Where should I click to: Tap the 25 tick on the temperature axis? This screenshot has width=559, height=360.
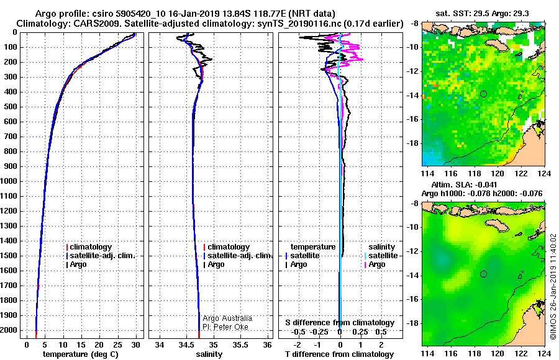pyautogui.click(x=117, y=344)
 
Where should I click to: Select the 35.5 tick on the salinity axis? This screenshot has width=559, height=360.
pyautogui.click(x=240, y=344)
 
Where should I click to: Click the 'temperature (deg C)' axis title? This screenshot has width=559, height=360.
pyautogui.click(x=81, y=354)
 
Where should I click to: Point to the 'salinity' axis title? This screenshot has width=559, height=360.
pyautogui.click(x=209, y=354)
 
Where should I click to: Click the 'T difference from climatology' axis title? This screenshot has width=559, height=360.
pyautogui.click(x=339, y=354)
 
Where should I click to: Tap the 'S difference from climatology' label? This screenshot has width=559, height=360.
pyautogui.click(x=340, y=323)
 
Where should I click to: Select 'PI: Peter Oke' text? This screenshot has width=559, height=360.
pyautogui.click(x=225, y=327)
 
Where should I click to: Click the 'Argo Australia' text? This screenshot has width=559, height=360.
pyautogui.click(x=227, y=318)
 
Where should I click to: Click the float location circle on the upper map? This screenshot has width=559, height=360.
pyautogui.click(x=483, y=94)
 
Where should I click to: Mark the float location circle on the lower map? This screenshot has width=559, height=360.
pyautogui.click(x=483, y=274)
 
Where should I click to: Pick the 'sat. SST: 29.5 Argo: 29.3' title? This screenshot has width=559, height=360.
pyautogui.click(x=483, y=14)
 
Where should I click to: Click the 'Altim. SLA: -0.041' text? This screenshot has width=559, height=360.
pyautogui.click(x=464, y=184)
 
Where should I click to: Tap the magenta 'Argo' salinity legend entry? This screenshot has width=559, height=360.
pyautogui.click(x=375, y=264)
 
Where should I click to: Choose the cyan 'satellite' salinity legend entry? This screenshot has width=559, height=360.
pyautogui.click(x=381, y=256)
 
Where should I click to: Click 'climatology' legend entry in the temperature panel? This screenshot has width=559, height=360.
pyautogui.click(x=89, y=246)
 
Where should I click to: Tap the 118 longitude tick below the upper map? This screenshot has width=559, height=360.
pyautogui.click(x=474, y=173)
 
